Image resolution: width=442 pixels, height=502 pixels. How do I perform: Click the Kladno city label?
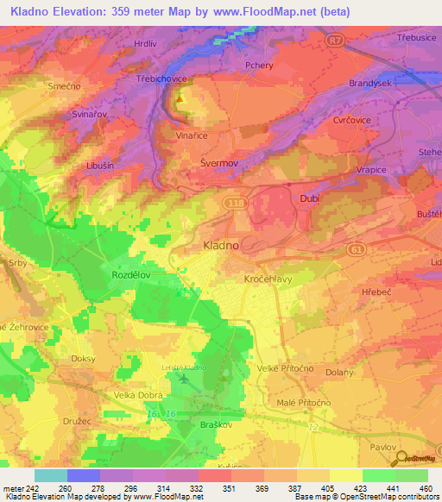pos(220,245)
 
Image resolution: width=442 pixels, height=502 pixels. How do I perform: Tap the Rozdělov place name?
pos(131,273)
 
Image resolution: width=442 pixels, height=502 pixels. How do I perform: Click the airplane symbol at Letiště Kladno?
pos(182,377)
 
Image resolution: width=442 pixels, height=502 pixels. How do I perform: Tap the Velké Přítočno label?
pos(284,369)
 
